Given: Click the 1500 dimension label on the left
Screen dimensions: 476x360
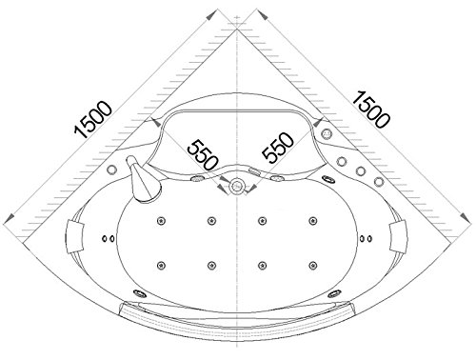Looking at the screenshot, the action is tap(93, 120).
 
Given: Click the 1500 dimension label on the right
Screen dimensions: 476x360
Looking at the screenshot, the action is tap(370, 110).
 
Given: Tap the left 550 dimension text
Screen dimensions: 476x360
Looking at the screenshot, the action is tap(203, 154).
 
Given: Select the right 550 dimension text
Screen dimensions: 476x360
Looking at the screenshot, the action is tap(278, 148).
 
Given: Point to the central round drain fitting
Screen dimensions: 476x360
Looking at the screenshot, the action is tap(236, 186).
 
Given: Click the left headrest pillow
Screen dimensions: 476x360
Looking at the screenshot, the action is tap(75, 237).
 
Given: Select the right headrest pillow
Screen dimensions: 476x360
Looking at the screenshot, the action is tap(397, 237).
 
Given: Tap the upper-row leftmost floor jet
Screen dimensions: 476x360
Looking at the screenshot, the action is tap(162, 221).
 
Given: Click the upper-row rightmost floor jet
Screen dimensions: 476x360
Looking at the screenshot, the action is tap(313, 221).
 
